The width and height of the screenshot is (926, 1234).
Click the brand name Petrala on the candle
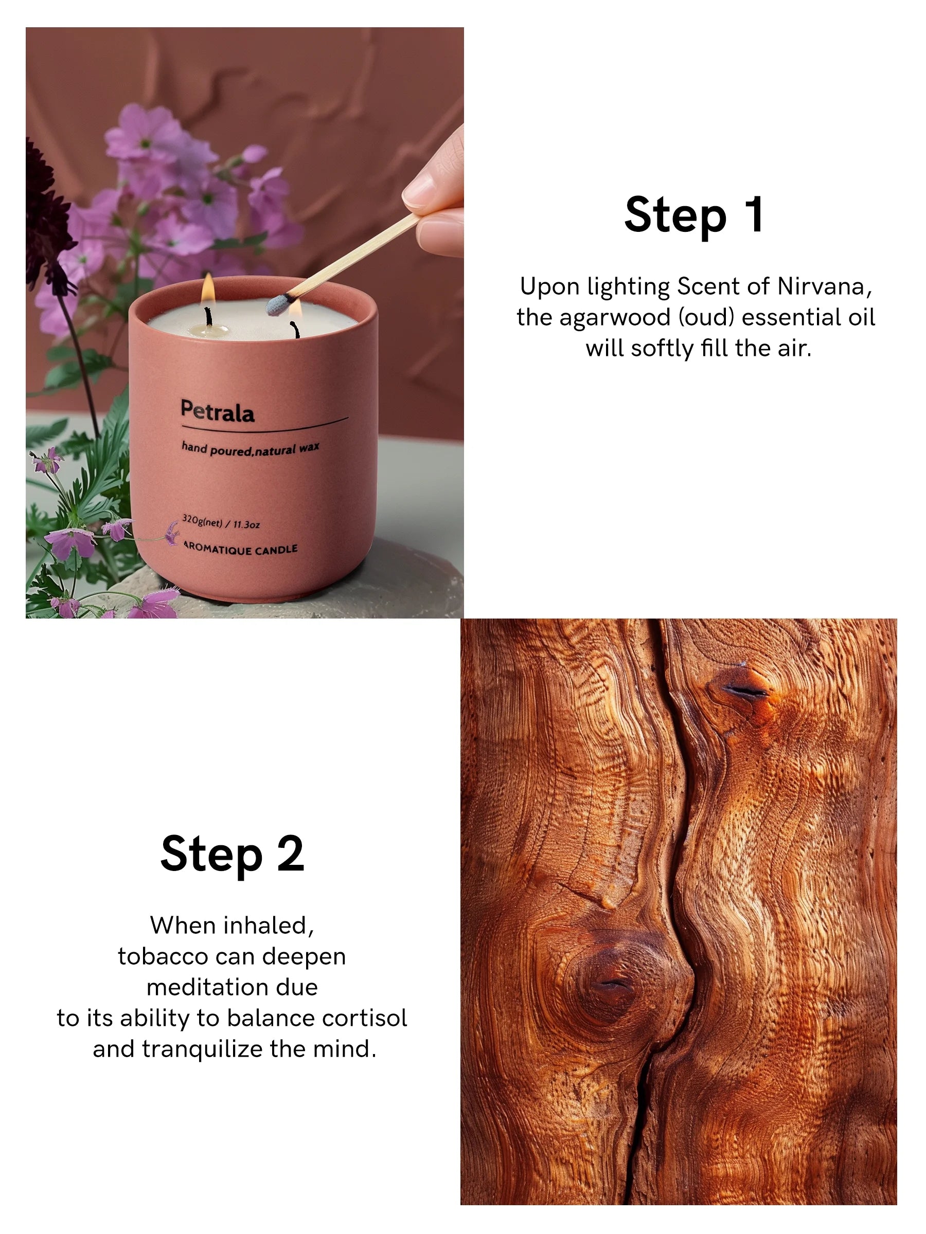coord(217,411)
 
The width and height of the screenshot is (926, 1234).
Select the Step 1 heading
coord(694,215)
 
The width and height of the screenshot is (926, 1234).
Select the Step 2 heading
coord(232,854)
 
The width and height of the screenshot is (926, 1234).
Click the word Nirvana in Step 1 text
coord(823,287)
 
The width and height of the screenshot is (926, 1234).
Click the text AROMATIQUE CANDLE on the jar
coord(241,550)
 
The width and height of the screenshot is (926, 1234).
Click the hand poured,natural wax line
coord(250,448)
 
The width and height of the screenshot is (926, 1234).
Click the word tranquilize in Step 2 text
coord(203,1049)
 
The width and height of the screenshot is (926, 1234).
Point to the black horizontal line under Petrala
coord(264,426)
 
